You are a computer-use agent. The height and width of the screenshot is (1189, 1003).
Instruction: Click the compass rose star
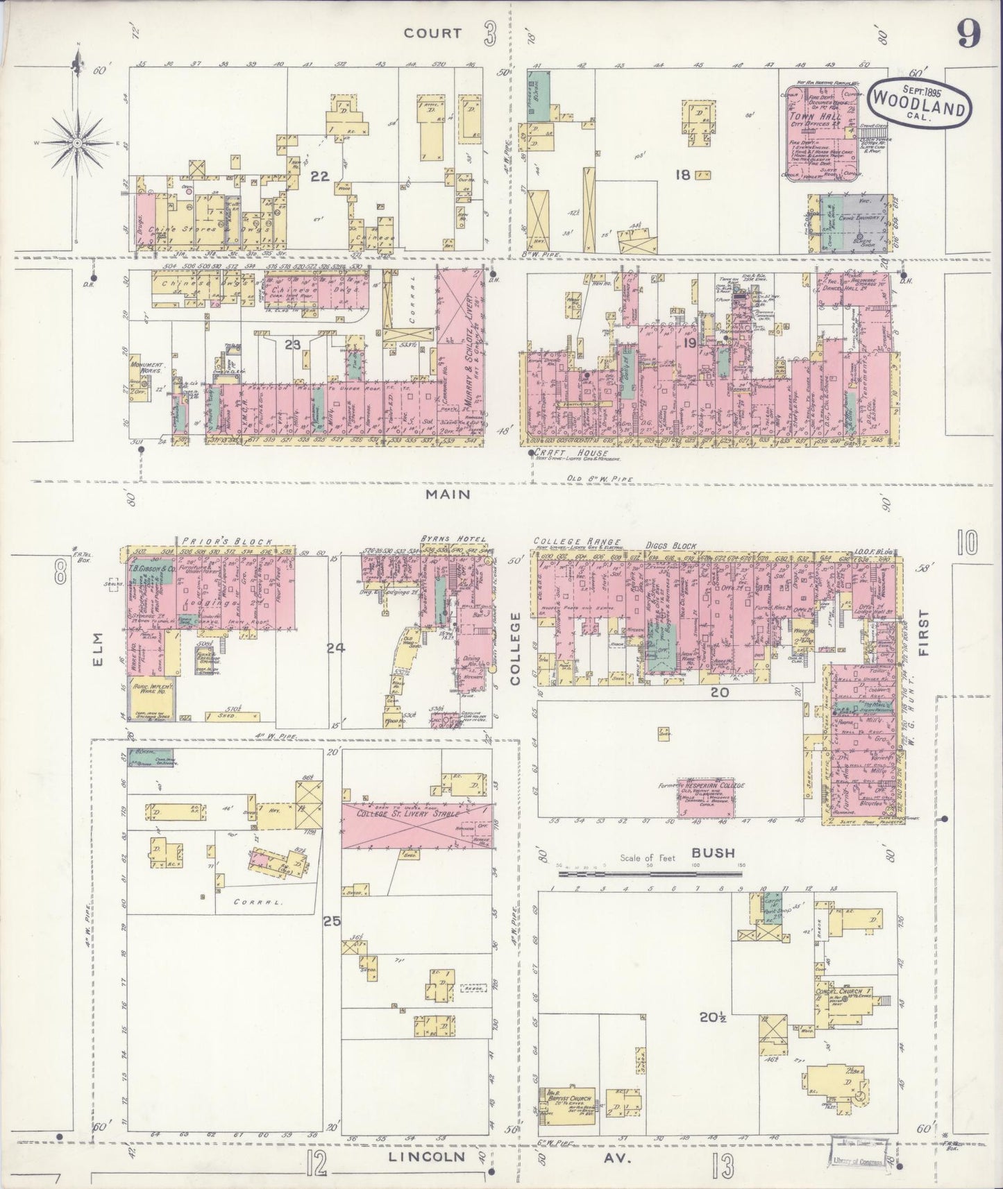(x=78, y=143)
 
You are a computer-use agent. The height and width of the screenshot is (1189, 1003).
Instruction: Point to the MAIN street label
(x=448, y=494)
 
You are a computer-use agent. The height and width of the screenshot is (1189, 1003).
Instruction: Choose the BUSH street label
(x=713, y=853)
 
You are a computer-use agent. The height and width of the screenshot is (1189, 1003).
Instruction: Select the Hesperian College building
(x=707, y=796)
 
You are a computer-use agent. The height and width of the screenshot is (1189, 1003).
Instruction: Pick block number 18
(x=683, y=175)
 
